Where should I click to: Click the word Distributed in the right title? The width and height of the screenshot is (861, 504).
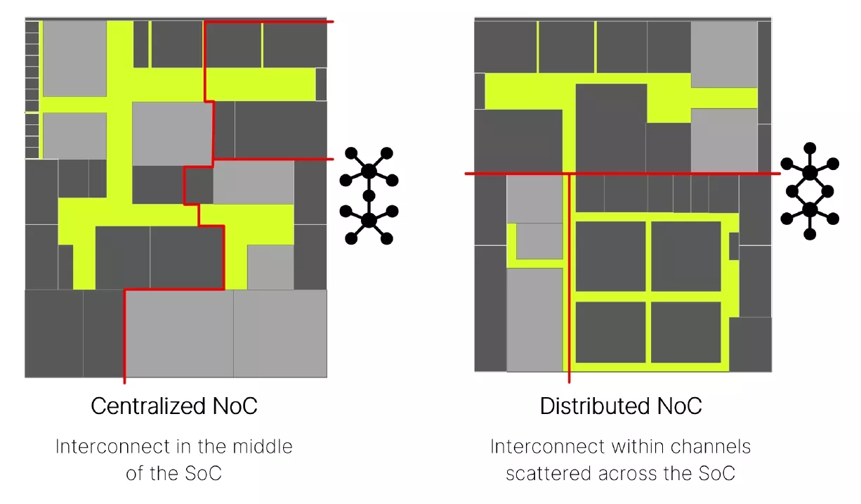tap(585, 406)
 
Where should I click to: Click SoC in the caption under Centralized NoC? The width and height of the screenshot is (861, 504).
tap(203, 473)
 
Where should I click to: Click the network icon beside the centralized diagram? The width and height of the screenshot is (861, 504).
tap(369, 195)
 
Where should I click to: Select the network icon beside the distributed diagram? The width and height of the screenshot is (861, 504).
tap(810, 191)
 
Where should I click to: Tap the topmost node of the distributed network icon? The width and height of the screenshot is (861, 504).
tap(810, 148)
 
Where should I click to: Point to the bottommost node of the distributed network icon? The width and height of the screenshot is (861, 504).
tap(810, 235)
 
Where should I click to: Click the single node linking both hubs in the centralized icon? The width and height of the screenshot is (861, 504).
tap(369, 195)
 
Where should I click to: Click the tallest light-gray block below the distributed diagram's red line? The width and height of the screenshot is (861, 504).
tap(534, 319)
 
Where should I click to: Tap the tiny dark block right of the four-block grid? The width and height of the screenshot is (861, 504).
tap(734, 246)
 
